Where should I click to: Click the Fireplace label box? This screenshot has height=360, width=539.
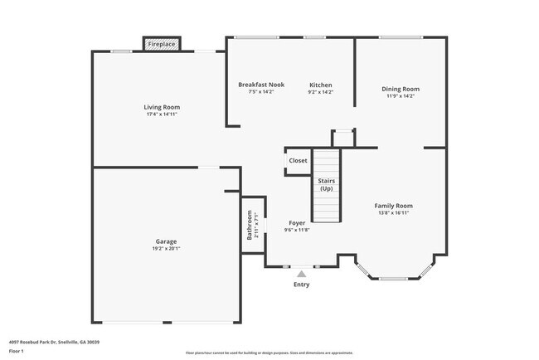(x=162, y=43)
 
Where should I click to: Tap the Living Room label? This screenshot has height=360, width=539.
(x=162, y=107)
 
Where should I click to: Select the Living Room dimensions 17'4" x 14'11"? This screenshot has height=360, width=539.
(x=162, y=114)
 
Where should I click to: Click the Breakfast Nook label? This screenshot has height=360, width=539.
(x=260, y=85)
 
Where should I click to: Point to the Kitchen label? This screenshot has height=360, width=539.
(x=321, y=85)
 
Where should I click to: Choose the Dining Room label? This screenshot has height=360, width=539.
(x=400, y=89)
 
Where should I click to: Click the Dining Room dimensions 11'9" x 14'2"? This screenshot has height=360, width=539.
(x=400, y=96)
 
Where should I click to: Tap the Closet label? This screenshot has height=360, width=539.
(x=298, y=161)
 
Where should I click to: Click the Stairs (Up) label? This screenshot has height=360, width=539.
(x=326, y=183)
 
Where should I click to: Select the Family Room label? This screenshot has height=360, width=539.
(x=392, y=206)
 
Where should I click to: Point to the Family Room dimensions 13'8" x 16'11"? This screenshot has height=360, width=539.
(x=392, y=213)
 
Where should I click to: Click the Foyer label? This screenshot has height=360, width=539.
(x=296, y=223)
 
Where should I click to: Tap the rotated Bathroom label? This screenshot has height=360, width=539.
(x=250, y=226)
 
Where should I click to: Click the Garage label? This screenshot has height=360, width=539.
(x=166, y=241)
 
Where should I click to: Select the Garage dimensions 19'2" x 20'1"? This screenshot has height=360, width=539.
(x=166, y=249)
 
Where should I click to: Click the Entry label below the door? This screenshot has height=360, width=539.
(x=301, y=285)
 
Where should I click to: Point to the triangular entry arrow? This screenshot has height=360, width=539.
(x=301, y=272)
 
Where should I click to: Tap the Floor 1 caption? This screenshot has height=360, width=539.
(x=16, y=351)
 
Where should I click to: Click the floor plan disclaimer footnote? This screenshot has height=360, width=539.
(x=269, y=353)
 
